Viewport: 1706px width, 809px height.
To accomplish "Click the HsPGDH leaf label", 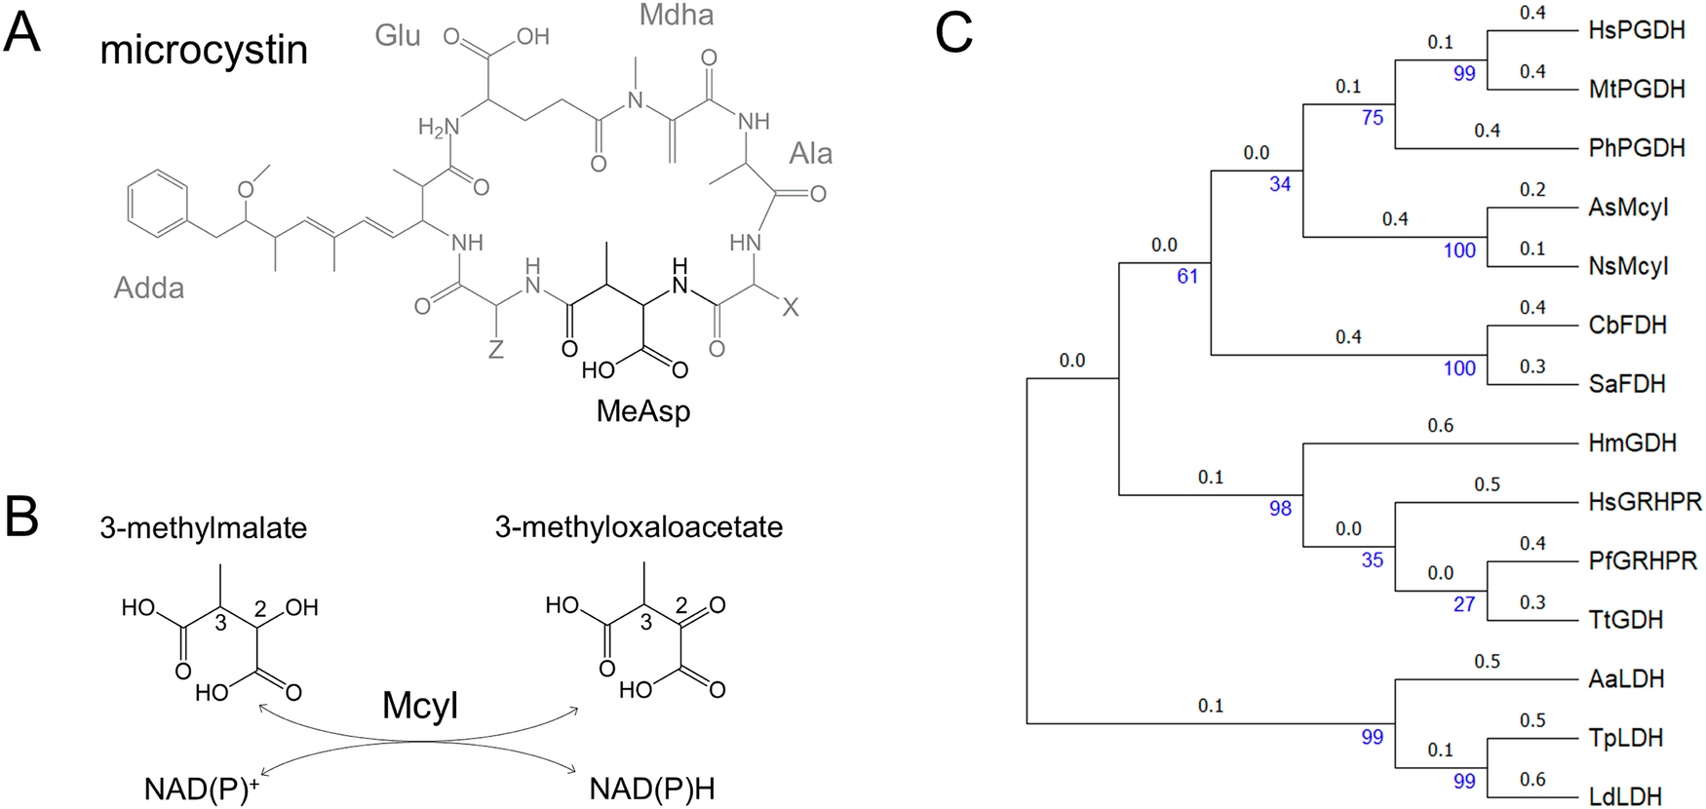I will [x=1636, y=30].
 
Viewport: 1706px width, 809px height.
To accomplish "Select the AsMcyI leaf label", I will [x=1628, y=207].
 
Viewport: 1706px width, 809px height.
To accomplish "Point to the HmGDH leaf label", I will [x=1632, y=443].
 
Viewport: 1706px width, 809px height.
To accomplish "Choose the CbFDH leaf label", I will [x=1627, y=325].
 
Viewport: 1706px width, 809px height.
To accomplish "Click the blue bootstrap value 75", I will [x=1372, y=118].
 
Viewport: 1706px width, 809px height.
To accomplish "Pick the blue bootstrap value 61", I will [x=1186, y=277].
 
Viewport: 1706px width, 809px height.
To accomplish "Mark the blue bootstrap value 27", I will [x=1463, y=604].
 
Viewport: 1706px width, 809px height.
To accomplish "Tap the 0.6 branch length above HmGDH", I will [x=1440, y=425].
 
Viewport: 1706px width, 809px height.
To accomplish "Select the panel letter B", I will [x=21, y=517].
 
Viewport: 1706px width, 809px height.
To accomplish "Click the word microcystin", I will [x=204, y=50].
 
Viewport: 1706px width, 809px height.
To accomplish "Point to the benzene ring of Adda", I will [x=158, y=205].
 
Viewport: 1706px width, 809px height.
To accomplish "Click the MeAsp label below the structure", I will [x=642, y=411].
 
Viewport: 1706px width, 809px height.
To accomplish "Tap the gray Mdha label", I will [x=676, y=16].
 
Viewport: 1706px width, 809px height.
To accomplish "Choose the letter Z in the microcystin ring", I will [x=495, y=348].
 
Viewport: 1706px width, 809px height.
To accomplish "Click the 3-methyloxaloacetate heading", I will [x=639, y=527].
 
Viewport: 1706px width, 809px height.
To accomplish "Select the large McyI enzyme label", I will [x=419, y=705].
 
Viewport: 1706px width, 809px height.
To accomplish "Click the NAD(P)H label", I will [x=651, y=789].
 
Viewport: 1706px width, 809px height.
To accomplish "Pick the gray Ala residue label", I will [x=810, y=153].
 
